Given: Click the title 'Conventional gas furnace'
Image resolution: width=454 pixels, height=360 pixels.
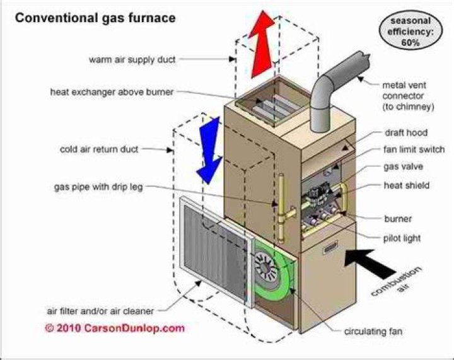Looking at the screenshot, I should [95, 18].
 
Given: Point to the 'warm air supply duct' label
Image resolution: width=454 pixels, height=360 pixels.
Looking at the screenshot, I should [132, 60].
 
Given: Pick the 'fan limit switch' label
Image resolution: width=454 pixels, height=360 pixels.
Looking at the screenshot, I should [414, 150].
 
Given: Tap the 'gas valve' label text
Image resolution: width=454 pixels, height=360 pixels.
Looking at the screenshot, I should [404, 168].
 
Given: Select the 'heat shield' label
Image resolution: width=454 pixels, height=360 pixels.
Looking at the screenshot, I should [407, 185].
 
